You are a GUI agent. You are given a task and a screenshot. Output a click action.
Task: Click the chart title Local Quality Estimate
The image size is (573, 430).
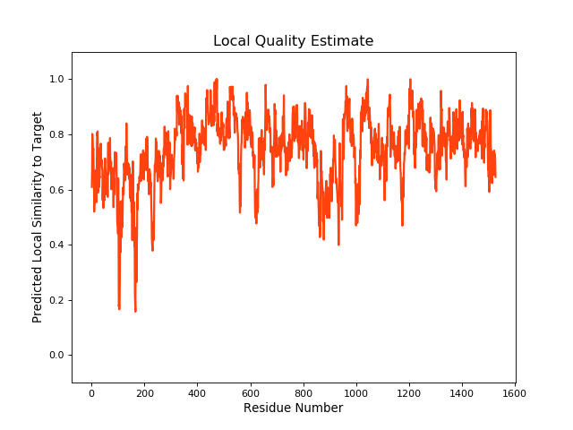[x=293, y=41]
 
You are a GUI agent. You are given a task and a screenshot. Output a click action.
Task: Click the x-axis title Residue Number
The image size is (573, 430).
[x=293, y=408]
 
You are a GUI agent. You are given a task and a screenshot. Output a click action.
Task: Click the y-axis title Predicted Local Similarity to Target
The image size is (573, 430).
[x=38, y=218]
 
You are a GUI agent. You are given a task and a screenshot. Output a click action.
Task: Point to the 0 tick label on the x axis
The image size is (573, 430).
[x=91, y=391]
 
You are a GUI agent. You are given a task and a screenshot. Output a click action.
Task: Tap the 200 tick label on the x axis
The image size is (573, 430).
[x=144, y=391]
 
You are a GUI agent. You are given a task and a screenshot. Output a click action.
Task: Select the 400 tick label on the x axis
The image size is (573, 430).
[x=197, y=391]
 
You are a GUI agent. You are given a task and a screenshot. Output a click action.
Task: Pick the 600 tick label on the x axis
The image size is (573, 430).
[x=250, y=391]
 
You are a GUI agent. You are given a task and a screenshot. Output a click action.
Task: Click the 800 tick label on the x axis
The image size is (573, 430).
[x=304, y=391]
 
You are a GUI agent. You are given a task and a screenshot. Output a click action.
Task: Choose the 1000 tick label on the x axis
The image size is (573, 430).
[x=356, y=391]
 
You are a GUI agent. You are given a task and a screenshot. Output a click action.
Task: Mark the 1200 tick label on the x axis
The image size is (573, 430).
[x=409, y=391]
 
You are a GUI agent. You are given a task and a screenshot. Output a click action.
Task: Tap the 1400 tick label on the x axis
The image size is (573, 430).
[x=462, y=391]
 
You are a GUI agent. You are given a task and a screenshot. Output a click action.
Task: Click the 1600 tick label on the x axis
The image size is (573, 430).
[x=515, y=391]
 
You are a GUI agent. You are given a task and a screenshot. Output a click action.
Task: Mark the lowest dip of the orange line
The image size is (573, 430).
[x=135, y=311]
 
